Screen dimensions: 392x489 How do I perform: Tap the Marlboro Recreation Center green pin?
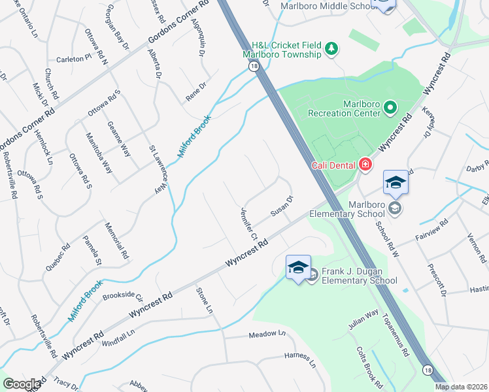390,106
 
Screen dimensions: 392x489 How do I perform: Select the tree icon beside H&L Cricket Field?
331,48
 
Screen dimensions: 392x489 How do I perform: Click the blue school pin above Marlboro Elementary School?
396,183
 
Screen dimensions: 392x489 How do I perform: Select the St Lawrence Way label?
158,170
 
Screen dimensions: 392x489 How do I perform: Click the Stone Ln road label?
205,299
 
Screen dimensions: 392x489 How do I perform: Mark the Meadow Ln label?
267,335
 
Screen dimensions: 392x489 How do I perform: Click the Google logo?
22,384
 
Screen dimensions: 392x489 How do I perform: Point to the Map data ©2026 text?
461,387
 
